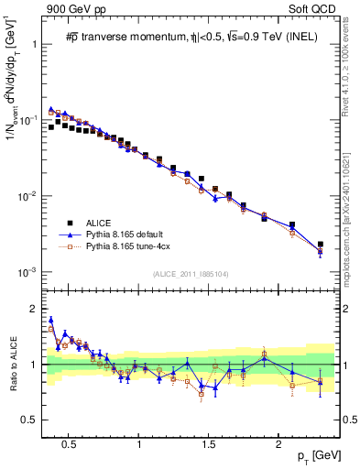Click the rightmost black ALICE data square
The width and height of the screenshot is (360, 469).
pyautogui.click(x=320, y=245)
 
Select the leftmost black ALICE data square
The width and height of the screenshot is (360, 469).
pyautogui.click(x=51, y=127)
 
